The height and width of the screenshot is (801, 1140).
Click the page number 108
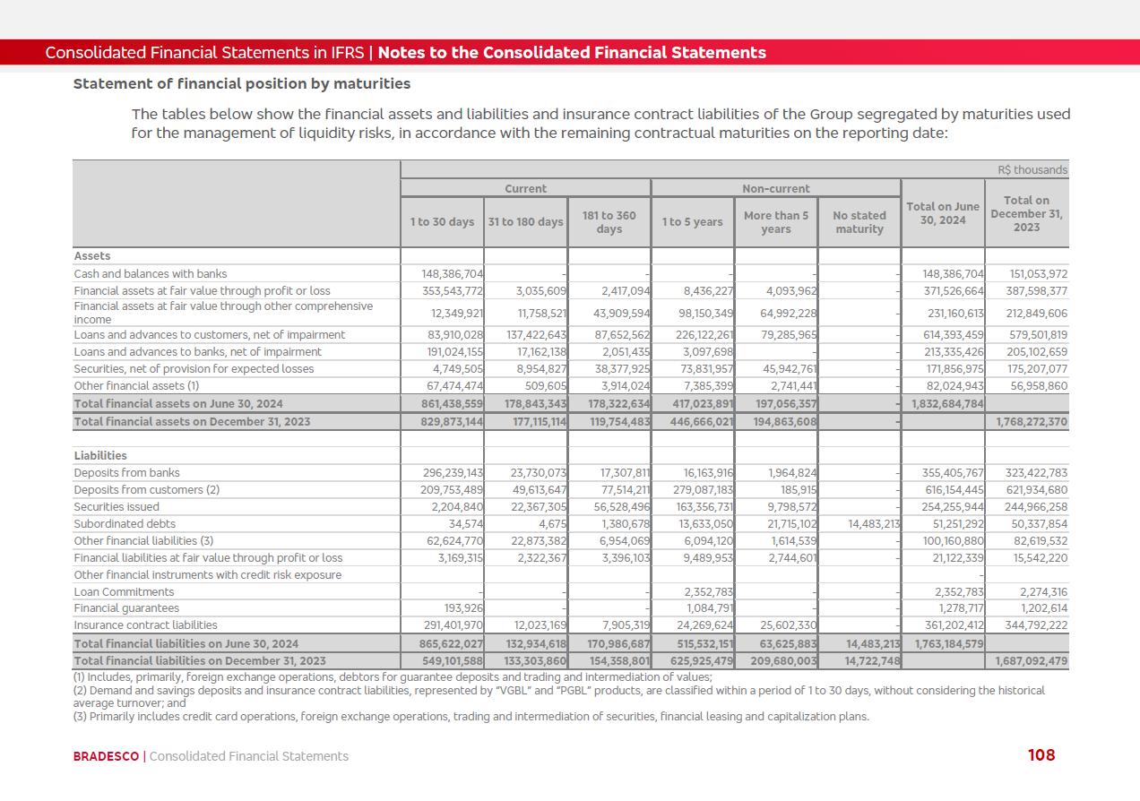(x=1041, y=755)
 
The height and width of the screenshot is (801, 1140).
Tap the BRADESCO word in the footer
(x=106, y=756)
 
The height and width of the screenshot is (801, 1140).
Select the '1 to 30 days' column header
(x=442, y=222)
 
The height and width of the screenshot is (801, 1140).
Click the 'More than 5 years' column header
(x=776, y=222)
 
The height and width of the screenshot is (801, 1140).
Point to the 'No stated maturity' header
(x=859, y=222)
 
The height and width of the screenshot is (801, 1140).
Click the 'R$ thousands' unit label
(x=1032, y=170)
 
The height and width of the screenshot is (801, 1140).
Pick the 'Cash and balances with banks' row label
(x=151, y=274)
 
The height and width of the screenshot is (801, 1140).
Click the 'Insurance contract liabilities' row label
(x=144, y=625)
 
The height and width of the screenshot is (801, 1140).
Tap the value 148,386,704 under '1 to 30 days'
(x=453, y=274)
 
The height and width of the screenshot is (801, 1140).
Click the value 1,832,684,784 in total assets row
(x=947, y=404)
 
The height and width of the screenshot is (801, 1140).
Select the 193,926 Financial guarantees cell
(x=464, y=609)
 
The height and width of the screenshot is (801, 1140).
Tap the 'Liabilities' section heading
(x=100, y=456)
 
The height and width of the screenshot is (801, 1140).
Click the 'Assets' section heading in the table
(x=92, y=256)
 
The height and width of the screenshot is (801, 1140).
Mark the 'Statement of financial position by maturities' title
(x=242, y=84)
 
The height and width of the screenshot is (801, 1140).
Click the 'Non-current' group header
(x=775, y=189)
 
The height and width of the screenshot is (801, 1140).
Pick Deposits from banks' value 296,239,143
(x=453, y=473)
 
